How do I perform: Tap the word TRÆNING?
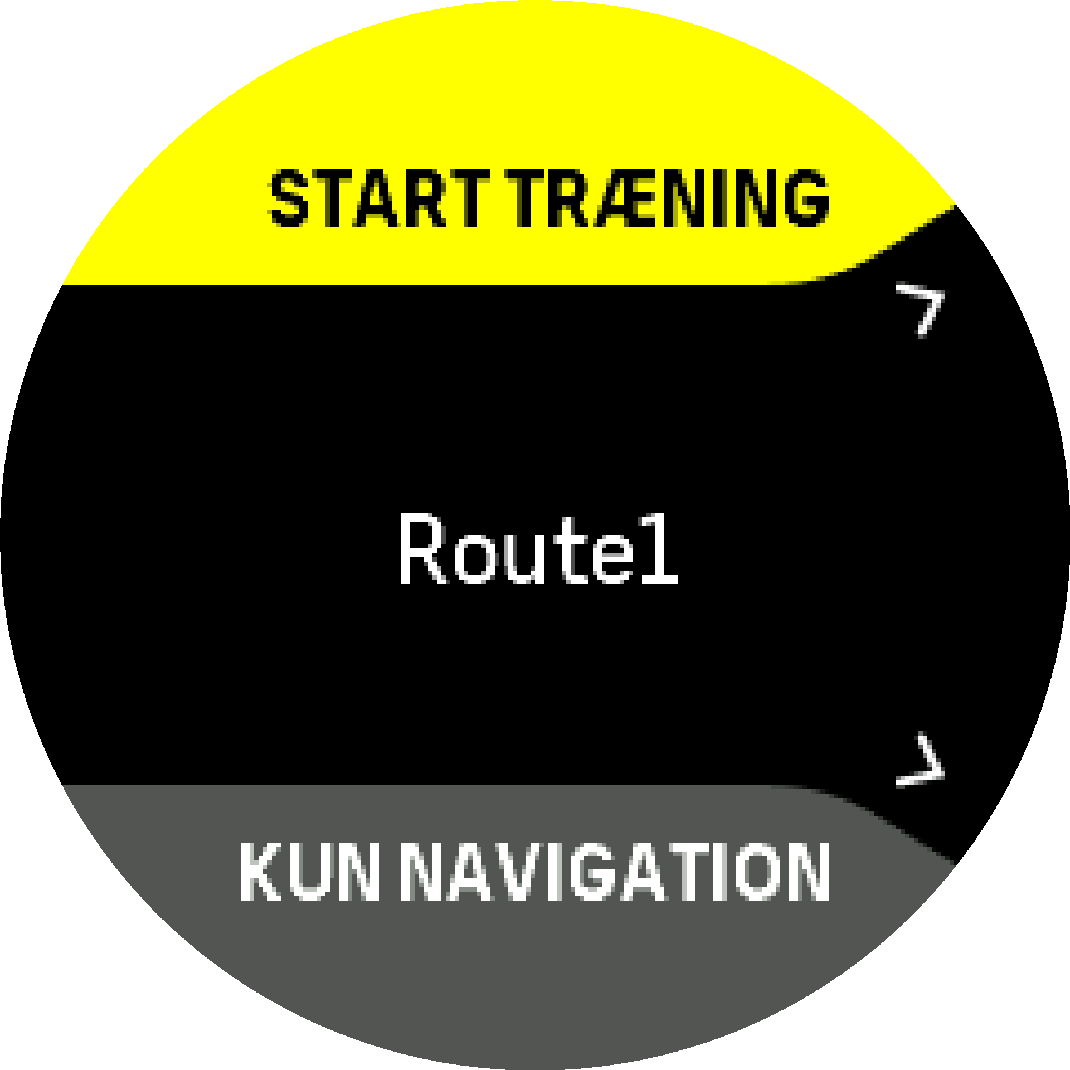pos(668,199)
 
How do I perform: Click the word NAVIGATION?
pos(616,871)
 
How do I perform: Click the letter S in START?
pos(289,199)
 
